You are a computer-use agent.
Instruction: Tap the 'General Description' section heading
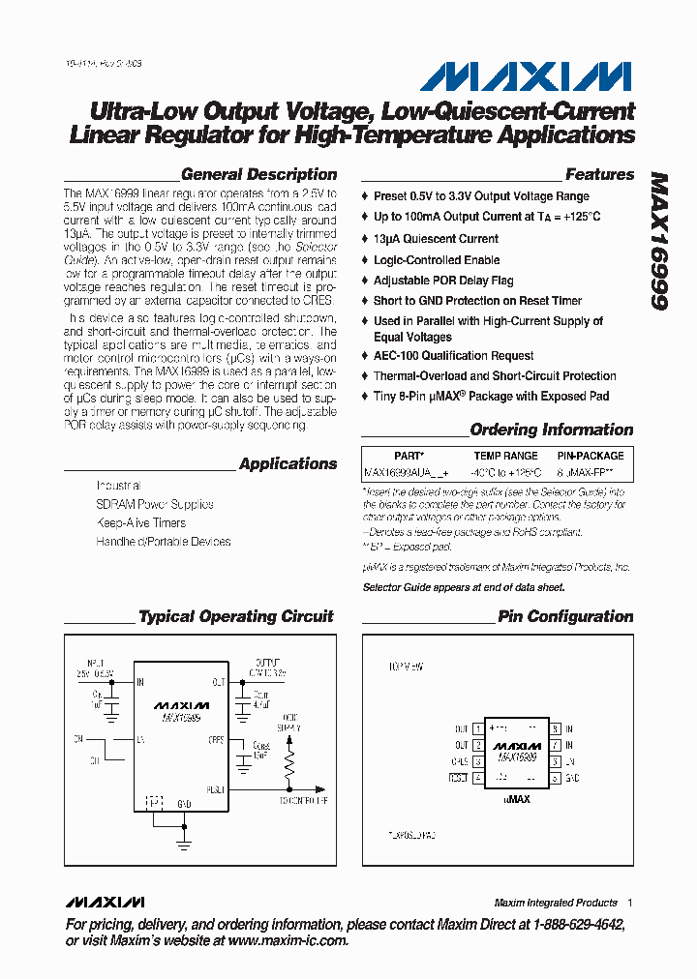tap(258, 175)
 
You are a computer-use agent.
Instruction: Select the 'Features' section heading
tap(599, 175)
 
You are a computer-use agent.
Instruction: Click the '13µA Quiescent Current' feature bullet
tap(436, 239)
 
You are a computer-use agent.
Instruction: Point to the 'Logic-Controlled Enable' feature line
tap(437, 260)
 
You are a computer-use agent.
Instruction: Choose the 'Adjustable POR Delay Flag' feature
tap(443, 281)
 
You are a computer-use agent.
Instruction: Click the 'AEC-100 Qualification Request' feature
tap(454, 356)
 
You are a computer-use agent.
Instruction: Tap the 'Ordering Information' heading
tap(552, 430)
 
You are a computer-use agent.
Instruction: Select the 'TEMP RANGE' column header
tap(505, 456)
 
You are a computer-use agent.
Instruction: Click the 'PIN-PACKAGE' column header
tap(591, 456)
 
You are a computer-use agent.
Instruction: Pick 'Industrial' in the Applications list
tap(118, 486)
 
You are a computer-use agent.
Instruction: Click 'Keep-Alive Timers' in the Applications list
tap(140, 523)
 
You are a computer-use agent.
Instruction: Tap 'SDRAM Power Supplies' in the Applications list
tap(155, 504)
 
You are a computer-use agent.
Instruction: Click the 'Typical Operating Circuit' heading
tap(236, 616)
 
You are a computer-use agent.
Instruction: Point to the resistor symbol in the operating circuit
tap(289, 766)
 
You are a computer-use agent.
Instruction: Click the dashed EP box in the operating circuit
tap(154, 802)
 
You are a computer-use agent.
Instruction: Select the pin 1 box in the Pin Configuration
tap(478, 729)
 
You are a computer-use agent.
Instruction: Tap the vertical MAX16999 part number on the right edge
tap(659, 242)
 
